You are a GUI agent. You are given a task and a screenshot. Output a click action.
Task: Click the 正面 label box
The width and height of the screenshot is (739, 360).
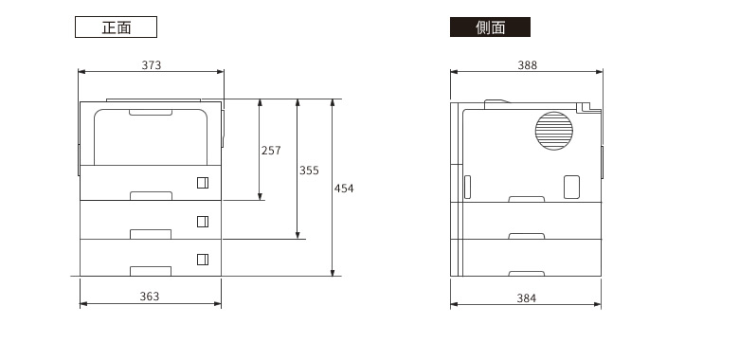coord(116,27)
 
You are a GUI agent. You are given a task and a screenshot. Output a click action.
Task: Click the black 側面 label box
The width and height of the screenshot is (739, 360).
coord(490,27)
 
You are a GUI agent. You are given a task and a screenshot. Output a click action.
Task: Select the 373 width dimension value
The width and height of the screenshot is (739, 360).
coord(152,65)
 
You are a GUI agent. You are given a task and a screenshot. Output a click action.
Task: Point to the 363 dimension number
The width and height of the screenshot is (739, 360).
coord(150,297)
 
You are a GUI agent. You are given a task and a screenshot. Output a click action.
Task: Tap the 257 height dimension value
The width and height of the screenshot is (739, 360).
coord(271,151)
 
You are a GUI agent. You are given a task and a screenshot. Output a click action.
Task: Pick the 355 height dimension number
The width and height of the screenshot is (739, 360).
coord(309,171)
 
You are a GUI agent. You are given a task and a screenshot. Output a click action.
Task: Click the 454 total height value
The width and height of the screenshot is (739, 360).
coord(344,189)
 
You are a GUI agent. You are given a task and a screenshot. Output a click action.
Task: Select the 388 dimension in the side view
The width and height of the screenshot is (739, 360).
coord(528,65)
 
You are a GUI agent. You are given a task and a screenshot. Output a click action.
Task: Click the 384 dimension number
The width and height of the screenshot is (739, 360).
coord(527,298)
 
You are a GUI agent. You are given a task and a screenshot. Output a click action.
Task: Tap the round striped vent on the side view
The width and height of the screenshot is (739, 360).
coord(554,131)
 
